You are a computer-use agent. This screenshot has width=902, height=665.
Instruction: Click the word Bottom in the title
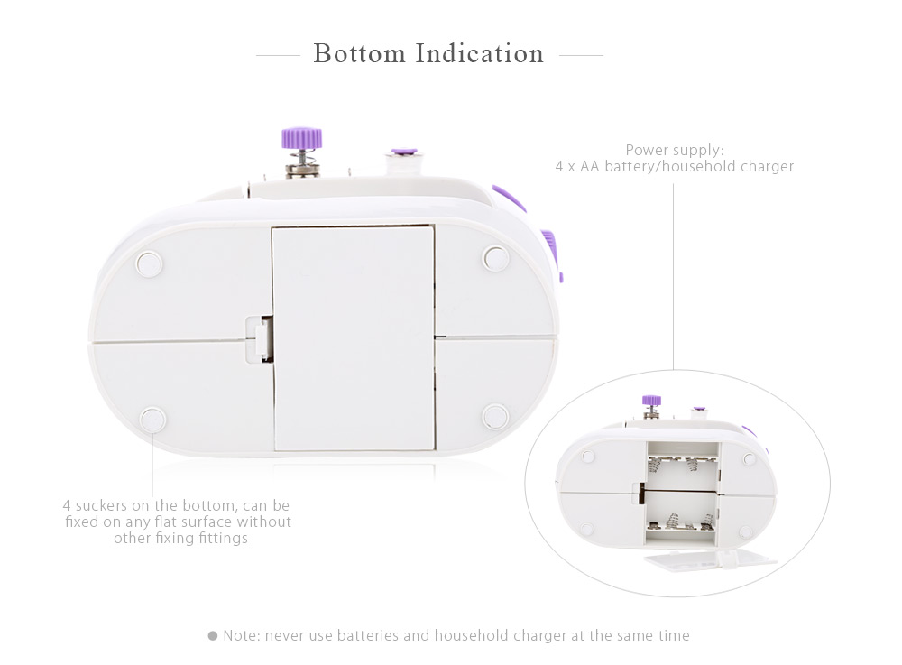[x=359, y=53]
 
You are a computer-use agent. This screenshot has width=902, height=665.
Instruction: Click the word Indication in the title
[x=479, y=53]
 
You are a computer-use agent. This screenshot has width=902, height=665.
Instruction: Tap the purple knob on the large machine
[x=301, y=138]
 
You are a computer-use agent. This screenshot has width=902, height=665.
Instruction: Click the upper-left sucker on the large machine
[x=149, y=264]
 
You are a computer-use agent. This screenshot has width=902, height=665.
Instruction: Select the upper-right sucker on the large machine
[x=495, y=258]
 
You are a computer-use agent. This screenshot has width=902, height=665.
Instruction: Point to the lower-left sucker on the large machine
[x=153, y=420]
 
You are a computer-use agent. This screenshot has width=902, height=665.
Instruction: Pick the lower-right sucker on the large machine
[x=495, y=416]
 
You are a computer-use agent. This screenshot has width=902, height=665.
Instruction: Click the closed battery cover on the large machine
[x=354, y=338]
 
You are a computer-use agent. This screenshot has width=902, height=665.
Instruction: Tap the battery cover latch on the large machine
[x=260, y=339]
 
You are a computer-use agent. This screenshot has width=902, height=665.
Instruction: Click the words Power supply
[x=675, y=150]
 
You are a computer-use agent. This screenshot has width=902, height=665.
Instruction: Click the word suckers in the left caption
[x=101, y=505]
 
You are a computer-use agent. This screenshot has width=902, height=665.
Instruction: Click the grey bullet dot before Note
[x=213, y=635]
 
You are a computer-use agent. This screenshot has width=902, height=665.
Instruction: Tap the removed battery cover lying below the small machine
[x=711, y=559]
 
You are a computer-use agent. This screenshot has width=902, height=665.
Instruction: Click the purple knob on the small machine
[x=651, y=401]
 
